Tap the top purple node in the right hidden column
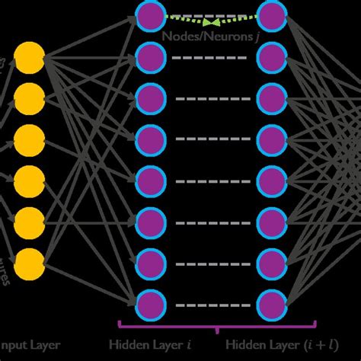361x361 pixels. pyautogui.click(x=271, y=14)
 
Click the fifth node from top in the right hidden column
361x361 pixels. pyautogui.click(x=271, y=180)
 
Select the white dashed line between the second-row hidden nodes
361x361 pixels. pyautogui.click(x=209, y=56)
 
